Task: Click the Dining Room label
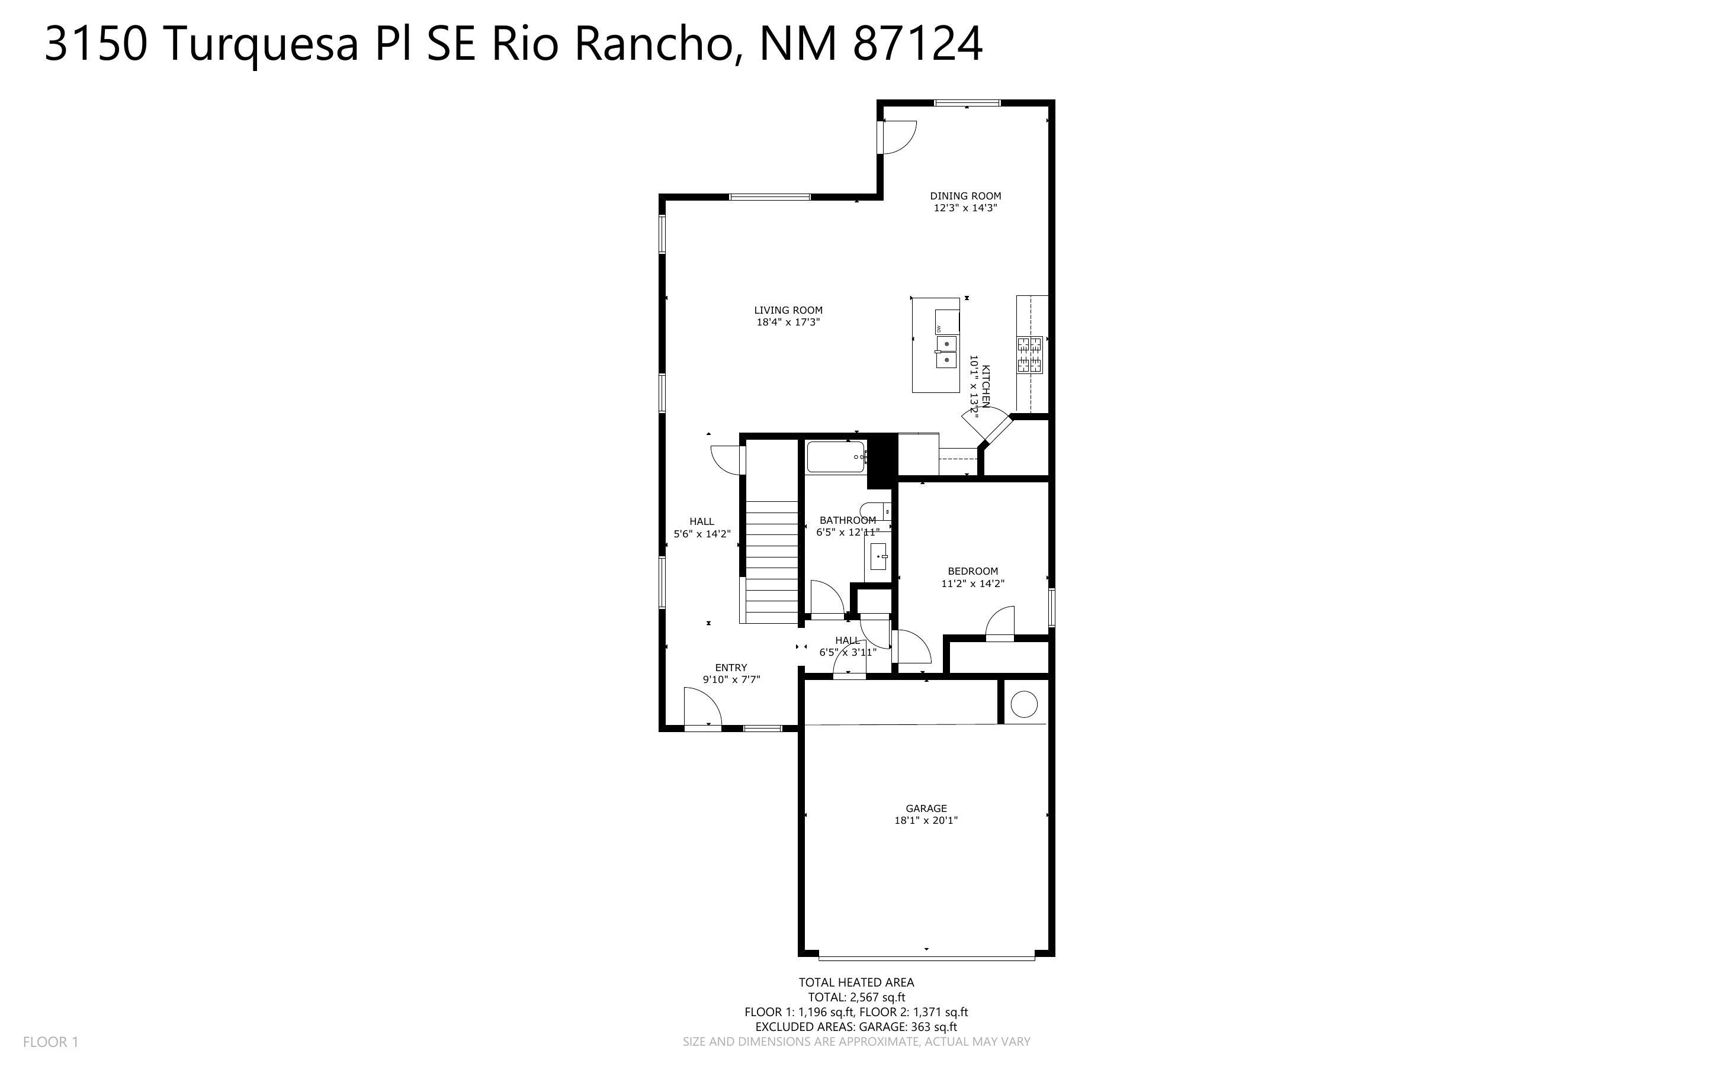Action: (965, 196)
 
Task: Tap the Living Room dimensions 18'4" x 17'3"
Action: (788, 322)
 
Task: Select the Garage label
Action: (926, 808)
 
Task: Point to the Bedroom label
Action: (972, 571)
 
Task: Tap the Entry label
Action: (731, 668)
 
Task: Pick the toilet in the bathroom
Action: (875, 511)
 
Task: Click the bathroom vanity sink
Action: (878, 557)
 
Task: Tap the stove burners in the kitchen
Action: (1030, 354)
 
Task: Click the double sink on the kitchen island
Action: (946, 352)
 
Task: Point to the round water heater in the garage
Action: (1024, 704)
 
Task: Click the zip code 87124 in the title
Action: (918, 44)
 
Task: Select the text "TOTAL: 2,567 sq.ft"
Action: (856, 997)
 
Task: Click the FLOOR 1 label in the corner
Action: (51, 1042)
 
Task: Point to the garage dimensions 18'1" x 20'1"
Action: (926, 821)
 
